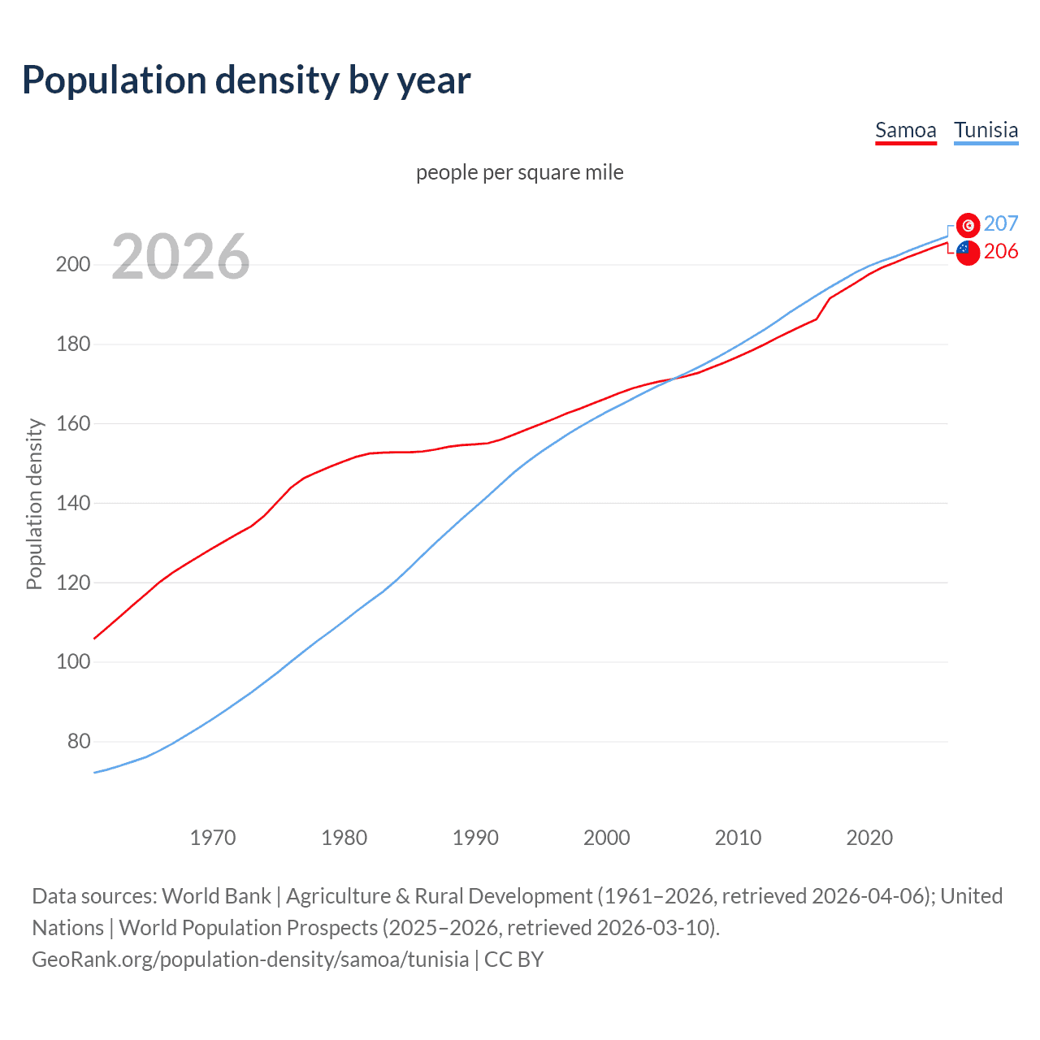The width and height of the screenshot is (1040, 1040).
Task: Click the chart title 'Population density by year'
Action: tap(246, 80)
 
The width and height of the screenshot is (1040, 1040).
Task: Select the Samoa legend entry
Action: tap(905, 130)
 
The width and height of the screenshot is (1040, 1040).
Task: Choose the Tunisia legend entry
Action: tap(986, 130)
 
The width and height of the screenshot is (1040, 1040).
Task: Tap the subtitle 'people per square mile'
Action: tap(519, 172)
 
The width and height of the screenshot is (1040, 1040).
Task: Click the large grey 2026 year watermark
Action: tap(180, 257)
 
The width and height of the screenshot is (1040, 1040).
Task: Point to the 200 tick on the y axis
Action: tap(72, 265)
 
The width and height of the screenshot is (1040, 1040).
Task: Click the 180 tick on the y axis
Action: tap(72, 344)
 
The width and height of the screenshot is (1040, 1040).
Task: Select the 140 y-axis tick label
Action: tap(72, 504)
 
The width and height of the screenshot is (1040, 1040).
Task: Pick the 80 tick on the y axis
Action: tap(78, 742)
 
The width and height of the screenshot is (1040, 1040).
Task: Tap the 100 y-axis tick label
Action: tap(72, 662)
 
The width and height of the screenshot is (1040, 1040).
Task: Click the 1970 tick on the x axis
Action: tap(212, 838)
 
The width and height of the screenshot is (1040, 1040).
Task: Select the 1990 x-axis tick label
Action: tap(475, 838)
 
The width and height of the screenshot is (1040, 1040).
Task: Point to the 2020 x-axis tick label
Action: tap(869, 838)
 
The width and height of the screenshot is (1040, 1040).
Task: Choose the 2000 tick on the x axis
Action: tap(606, 838)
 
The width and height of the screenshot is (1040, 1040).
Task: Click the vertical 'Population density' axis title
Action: tap(34, 504)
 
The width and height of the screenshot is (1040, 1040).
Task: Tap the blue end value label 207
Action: tap(1001, 223)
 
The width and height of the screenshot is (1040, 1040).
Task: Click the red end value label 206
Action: tap(1001, 252)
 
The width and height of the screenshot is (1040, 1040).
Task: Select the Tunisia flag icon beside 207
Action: tap(968, 225)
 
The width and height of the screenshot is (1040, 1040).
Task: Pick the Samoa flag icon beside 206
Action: tap(968, 253)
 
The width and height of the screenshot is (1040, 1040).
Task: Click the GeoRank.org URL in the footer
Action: tap(250, 960)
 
